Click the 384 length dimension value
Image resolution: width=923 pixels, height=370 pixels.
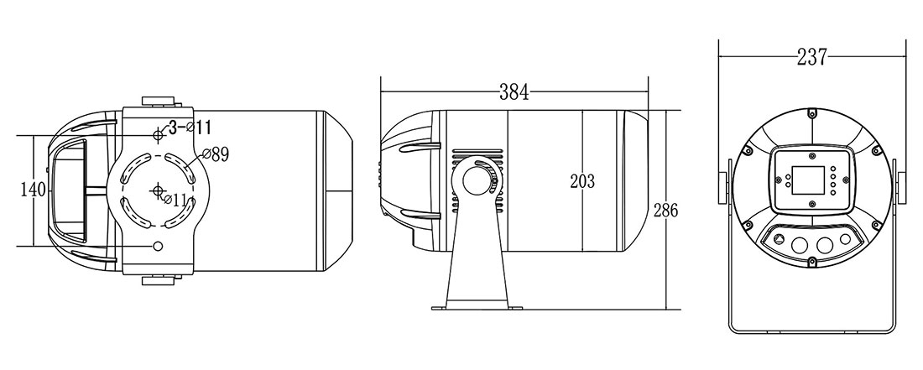[514, 92]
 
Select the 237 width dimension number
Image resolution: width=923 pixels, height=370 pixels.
[811, 57]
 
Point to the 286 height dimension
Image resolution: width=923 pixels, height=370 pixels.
[665, 210]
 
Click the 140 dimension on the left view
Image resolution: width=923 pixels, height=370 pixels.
[33, 190]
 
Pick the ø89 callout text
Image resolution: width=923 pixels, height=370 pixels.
[215, 154]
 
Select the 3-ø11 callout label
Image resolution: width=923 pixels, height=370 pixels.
[190, 127]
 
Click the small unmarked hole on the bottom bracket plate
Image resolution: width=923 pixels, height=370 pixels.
[158, 246]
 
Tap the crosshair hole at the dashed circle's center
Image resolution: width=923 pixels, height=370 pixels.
[158, 190]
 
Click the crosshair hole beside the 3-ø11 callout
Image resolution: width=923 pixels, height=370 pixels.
[158, 135]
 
